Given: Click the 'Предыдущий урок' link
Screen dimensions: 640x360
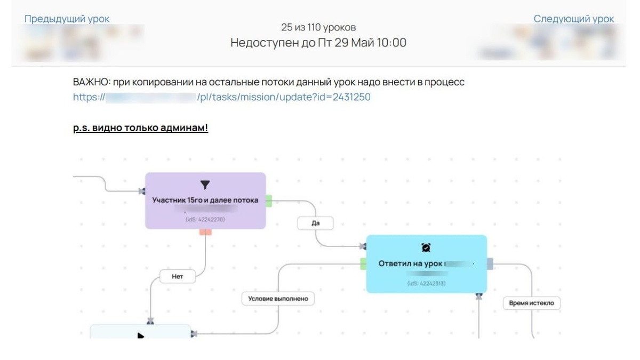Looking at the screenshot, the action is pos(67,19).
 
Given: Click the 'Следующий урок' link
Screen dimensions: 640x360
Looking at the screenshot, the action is pos(573,19).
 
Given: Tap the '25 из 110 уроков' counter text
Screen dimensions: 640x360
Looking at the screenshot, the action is pos(318,27).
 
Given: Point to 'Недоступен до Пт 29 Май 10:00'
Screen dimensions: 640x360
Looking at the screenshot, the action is pos(318,43).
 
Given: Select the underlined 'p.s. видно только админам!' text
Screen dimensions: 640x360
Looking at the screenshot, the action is pos(140,128).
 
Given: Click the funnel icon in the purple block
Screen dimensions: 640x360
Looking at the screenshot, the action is pos(205,185).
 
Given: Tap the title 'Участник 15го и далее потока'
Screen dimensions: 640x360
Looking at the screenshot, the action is pos(205,200).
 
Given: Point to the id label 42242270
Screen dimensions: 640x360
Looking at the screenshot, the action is pos(205,219).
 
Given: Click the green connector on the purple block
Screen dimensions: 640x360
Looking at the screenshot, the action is pos(269,201).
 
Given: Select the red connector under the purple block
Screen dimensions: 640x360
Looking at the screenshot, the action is pos(205,232).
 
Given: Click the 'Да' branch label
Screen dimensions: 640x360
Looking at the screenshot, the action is pos(315,223).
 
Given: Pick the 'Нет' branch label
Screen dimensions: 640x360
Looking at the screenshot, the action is pos(178,277).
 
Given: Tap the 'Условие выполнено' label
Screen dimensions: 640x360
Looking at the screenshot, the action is pos(278,299).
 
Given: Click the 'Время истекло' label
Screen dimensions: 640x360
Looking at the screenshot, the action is pos(531,303).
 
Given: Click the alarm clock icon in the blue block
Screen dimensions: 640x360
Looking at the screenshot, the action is pos(426,247).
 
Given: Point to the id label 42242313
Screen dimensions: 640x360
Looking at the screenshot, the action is pos(426,283).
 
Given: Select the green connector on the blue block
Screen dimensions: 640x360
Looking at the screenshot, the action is pos(363,263).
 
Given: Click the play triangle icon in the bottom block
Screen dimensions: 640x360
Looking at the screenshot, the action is pos(141,335).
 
